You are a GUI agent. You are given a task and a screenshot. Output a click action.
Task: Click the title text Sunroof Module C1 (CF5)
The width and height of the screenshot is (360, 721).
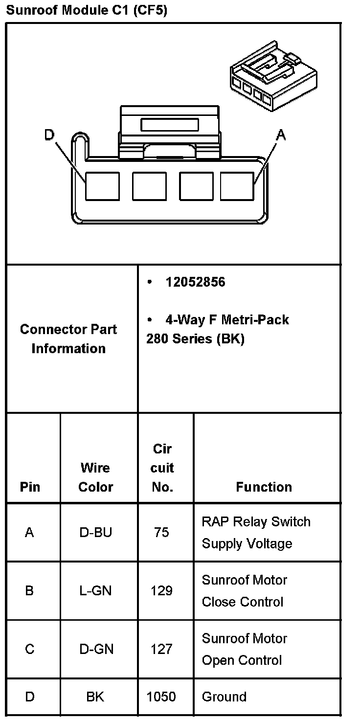click(87, 10)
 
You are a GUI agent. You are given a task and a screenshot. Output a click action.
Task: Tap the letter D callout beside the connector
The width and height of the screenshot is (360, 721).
click(49, 135)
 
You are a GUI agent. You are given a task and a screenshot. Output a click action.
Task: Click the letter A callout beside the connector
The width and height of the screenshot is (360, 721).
click(280, 135)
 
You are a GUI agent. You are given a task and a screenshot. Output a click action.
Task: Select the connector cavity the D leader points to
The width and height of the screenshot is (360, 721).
click(102, 186)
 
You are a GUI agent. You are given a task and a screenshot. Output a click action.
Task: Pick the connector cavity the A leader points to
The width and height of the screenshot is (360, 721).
click(237, 186)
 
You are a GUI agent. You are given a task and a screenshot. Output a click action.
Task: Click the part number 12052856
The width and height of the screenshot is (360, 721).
click(195, 282)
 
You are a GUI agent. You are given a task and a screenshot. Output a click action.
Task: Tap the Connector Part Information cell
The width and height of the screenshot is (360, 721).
click(68, 338)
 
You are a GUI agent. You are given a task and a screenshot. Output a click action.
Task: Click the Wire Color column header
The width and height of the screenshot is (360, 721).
click(96, 477)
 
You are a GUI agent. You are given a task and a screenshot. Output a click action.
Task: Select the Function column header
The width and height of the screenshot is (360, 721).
click(264, 487)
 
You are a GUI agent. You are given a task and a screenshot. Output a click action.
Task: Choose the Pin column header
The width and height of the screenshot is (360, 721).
click(30, 487)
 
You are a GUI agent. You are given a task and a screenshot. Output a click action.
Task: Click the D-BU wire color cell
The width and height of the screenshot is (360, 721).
click(96, 532)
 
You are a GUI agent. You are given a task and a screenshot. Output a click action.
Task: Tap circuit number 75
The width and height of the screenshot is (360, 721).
click(161, 532)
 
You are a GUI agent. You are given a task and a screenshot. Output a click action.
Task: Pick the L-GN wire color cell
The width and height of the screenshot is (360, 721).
click(96, 591)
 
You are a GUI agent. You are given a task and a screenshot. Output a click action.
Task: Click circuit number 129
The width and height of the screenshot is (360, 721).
click(161, 591)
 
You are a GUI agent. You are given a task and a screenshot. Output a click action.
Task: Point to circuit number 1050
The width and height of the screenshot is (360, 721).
click(161, 697)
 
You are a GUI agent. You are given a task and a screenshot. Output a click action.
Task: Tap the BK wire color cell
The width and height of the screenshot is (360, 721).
click(95, 697)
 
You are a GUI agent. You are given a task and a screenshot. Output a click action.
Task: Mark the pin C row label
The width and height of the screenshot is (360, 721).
click(30, 649)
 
